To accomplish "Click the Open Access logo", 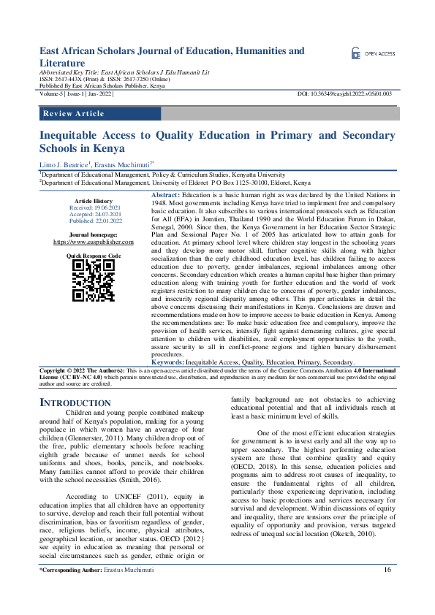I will coord(373,53).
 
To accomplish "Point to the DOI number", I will coord(346,94).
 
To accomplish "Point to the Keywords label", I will coord(167,362).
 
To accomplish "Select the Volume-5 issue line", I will coord(77,94).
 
